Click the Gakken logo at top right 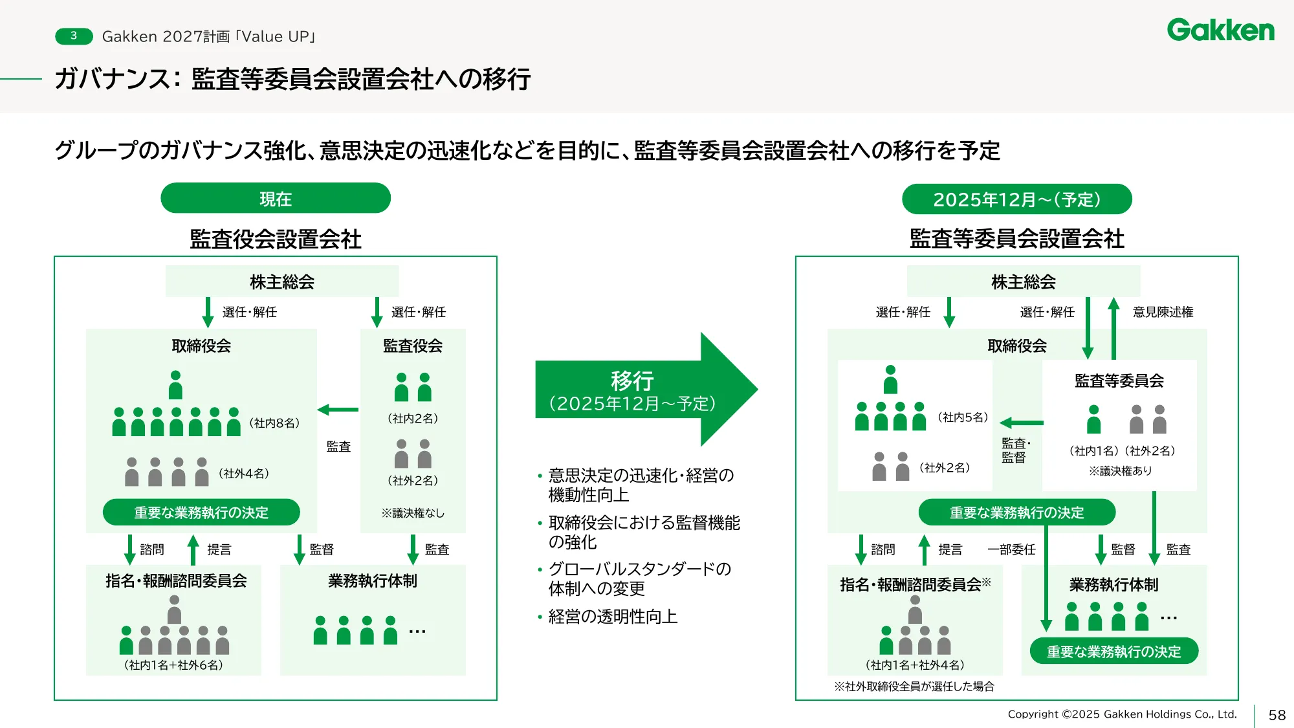click(1220, 30)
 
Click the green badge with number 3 click(74, 36)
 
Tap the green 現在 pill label click(276, 199)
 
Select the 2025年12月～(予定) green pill click(1016, 199)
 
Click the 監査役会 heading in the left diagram click(413, 346)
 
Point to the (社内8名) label click(274, 423)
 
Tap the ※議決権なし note click(413, 513)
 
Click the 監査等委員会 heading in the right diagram click(1119, 381)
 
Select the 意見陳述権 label click(1163, 313)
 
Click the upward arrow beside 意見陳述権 click(1113, 327)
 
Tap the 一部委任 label click(1011, 549)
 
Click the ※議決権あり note click(1120, 471)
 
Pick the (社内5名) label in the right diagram click(963, 417)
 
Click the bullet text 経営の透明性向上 click(613, 617)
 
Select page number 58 click(1277, 715)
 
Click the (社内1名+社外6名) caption click(173, 665)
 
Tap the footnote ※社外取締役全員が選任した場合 click(914, 687)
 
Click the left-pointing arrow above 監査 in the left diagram click(338, 410)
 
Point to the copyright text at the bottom click(1122, 714)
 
